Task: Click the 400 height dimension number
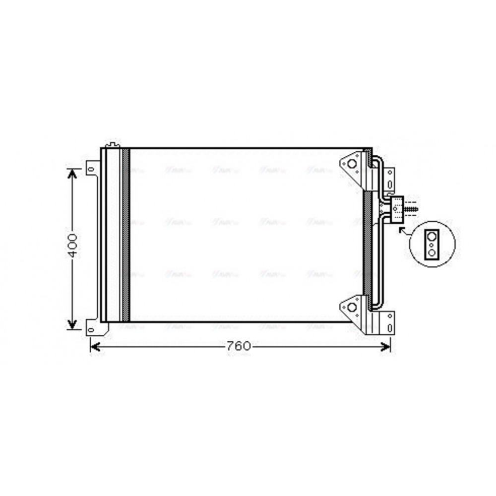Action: pos(73,245)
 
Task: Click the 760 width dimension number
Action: pos(239,346)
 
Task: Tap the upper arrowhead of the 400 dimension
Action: pos(73,173)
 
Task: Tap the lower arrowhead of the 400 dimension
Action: pos(73,324)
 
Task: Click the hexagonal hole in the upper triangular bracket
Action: pos(352,163)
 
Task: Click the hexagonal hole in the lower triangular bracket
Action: pos(352,307)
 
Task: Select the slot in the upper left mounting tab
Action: pos(91,170)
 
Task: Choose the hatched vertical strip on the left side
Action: pos(125,234)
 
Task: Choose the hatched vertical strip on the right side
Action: pos(367,243)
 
